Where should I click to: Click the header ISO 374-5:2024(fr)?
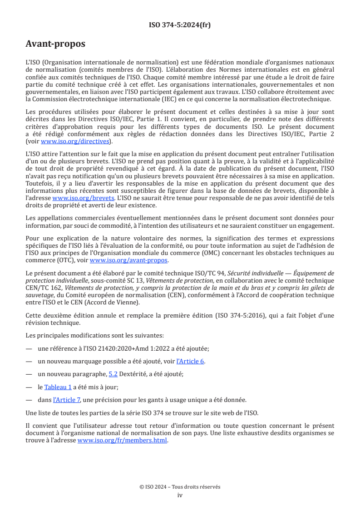point(180,25)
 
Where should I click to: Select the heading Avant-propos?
point(55,44)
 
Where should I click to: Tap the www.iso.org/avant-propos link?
point(129,260)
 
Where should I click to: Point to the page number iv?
point(180,495)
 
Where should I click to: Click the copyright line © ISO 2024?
point(180,487)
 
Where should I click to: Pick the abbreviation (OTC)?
point(72,260)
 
